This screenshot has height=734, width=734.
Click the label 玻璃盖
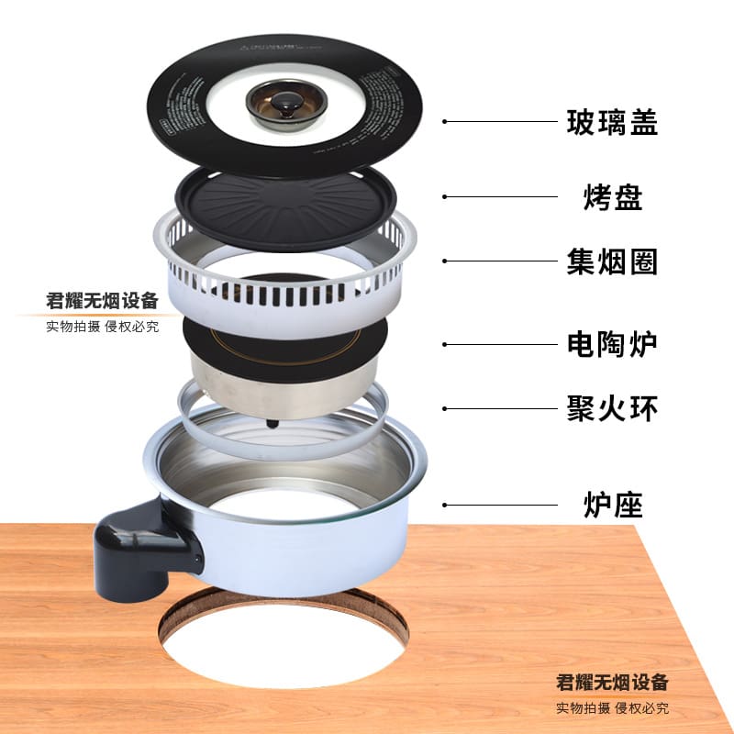tap(612, 121)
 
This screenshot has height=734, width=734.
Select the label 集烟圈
tap(612, 261)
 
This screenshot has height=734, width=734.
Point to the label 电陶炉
tap(612, 344)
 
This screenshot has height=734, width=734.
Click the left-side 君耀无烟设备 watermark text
tap(103, 301)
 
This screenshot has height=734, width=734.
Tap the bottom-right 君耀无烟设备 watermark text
tap(613, 683)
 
